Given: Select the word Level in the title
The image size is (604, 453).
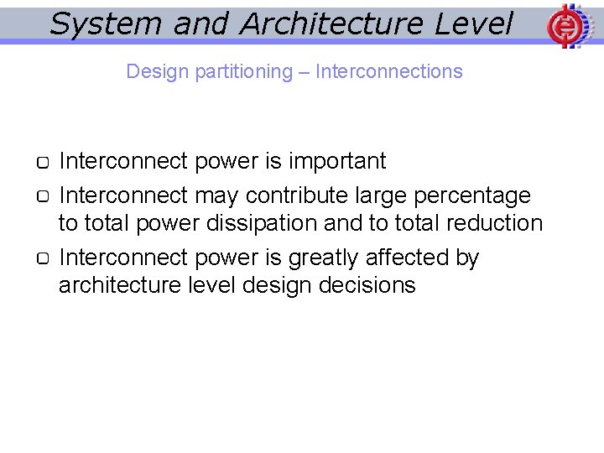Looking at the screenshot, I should point(473,23).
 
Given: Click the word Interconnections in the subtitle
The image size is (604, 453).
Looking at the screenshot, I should point(388,71).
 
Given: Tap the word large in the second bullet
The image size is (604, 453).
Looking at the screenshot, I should point(384,195).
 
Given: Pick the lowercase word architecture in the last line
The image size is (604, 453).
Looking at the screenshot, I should point(119,285).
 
